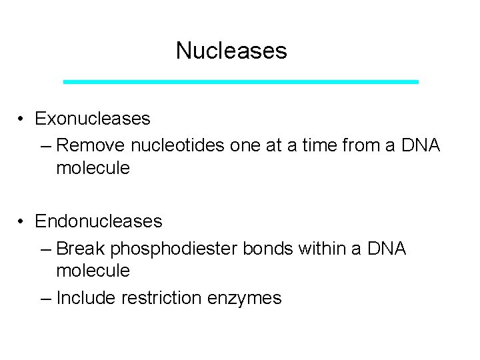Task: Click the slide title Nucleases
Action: point(231,51)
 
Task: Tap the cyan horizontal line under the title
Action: point(241,81)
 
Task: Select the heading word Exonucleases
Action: point(93,119)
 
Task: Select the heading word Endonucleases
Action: point(99,220)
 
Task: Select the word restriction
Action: point(163,298)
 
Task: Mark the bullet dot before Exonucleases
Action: point(22,119)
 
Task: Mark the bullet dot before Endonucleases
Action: point(22,221)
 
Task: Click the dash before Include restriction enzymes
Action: point(45,299)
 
